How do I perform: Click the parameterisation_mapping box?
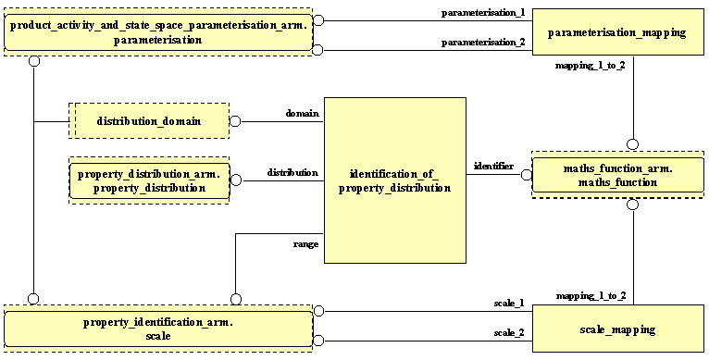point(617,33)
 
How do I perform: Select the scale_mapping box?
point(617,329)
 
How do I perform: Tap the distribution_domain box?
point(149,121)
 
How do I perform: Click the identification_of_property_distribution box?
point(400,180)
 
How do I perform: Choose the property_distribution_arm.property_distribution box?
point(149,180)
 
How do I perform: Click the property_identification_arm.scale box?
point(157,329)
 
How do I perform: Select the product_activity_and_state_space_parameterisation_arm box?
point(157,34)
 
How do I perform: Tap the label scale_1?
point(509,303)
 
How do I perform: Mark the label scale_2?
point(509,332)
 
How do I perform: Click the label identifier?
point(493,166)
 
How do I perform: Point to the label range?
point(305,244)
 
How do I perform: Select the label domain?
point(302,113)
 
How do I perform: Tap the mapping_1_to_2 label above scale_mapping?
point(591,295)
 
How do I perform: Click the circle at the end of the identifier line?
point(525,174)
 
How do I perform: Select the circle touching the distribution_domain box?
point(235,121)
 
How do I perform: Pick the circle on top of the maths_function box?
point(633,143)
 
